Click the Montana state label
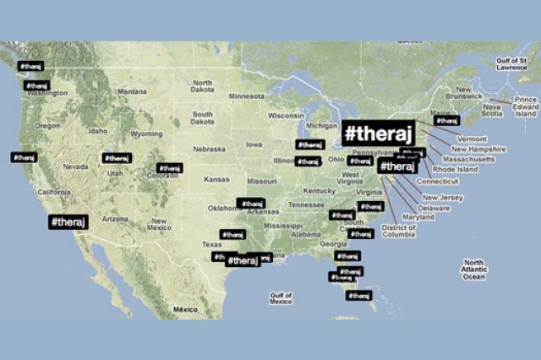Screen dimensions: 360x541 [132, 92]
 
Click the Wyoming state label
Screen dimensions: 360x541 [147, 134]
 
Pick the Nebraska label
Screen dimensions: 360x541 [209, 149]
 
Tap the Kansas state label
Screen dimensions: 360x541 [216, 179]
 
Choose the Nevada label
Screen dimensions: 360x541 [75, 166]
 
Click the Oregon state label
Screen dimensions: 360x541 [47, 126]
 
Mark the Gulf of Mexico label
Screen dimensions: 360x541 [281, 297]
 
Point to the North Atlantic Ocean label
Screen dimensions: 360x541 [474, 270]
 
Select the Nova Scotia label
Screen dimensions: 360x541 [492, 111]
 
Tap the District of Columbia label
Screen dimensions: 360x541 [399, 231]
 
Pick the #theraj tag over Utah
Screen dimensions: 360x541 [117, 158]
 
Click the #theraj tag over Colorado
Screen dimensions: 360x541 [169, 168]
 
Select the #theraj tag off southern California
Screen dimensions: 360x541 [68, 221]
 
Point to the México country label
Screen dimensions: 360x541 [185, 310]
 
